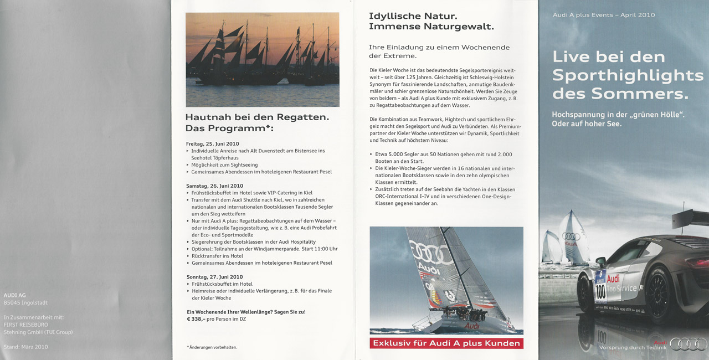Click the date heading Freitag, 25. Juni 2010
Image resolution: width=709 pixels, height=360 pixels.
tap(213, 144)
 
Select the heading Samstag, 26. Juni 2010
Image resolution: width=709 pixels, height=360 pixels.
tap(214, 186)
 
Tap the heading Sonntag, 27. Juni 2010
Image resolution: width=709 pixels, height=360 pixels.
tap(214, 277)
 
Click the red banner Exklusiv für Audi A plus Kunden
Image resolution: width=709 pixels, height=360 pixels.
tap(446, 343)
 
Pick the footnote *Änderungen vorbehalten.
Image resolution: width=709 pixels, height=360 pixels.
tap(212, 347)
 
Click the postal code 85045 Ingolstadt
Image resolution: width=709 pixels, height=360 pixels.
tap(25, 302)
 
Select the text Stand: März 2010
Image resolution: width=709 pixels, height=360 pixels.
tap(25, 347)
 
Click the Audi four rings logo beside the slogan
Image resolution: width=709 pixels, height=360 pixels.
tap(689, 344)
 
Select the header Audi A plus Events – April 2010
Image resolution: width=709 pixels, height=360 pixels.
tap(604, 15)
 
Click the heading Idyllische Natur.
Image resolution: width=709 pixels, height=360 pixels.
tap(413, 16)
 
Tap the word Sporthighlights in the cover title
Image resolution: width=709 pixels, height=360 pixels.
tap(628, 75)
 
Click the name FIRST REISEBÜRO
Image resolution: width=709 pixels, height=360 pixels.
tap(26, 325)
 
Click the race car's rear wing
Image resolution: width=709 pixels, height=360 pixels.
tap(690, 219)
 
